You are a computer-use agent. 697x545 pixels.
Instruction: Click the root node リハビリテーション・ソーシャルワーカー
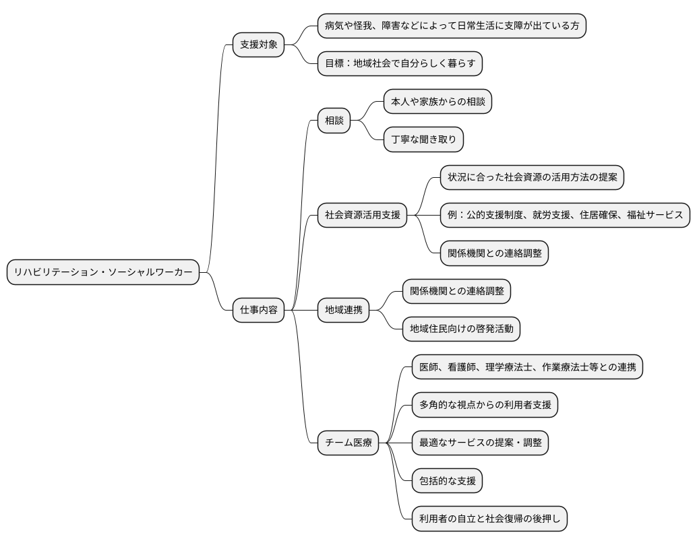[103, 272]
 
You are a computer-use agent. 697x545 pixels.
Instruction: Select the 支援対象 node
[258, 45]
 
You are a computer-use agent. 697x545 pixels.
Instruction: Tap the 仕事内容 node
[258, 311]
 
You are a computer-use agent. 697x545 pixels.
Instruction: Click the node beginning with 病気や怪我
[452, 26]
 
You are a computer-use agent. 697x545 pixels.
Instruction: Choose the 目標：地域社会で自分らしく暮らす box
[400, 64]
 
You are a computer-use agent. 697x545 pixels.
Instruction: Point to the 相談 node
[334, 121]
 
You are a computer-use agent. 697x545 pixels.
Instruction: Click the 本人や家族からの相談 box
[437, 102]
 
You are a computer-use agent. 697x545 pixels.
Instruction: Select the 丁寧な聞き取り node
[424, 139]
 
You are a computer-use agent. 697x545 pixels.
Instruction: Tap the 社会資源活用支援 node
[363, 216]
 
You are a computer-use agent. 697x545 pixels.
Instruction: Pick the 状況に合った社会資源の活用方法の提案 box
[532, 177]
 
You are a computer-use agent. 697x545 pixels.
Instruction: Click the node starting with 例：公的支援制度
[565, 216]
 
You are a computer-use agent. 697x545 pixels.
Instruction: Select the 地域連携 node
[344, 311]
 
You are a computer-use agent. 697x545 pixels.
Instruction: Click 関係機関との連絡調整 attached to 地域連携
[456, 291]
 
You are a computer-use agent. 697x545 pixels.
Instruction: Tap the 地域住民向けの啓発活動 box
[461, 329]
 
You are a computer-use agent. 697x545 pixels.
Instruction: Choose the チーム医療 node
[348, 443]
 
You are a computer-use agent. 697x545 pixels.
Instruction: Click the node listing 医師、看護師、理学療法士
[527, 367]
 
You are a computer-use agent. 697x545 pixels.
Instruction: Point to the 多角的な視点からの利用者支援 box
[485, 405]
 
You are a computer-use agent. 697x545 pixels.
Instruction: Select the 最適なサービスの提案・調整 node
[480, 443]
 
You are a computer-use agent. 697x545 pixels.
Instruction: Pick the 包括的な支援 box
[448, 481]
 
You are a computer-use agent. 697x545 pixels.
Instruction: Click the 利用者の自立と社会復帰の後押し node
[489, 519]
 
